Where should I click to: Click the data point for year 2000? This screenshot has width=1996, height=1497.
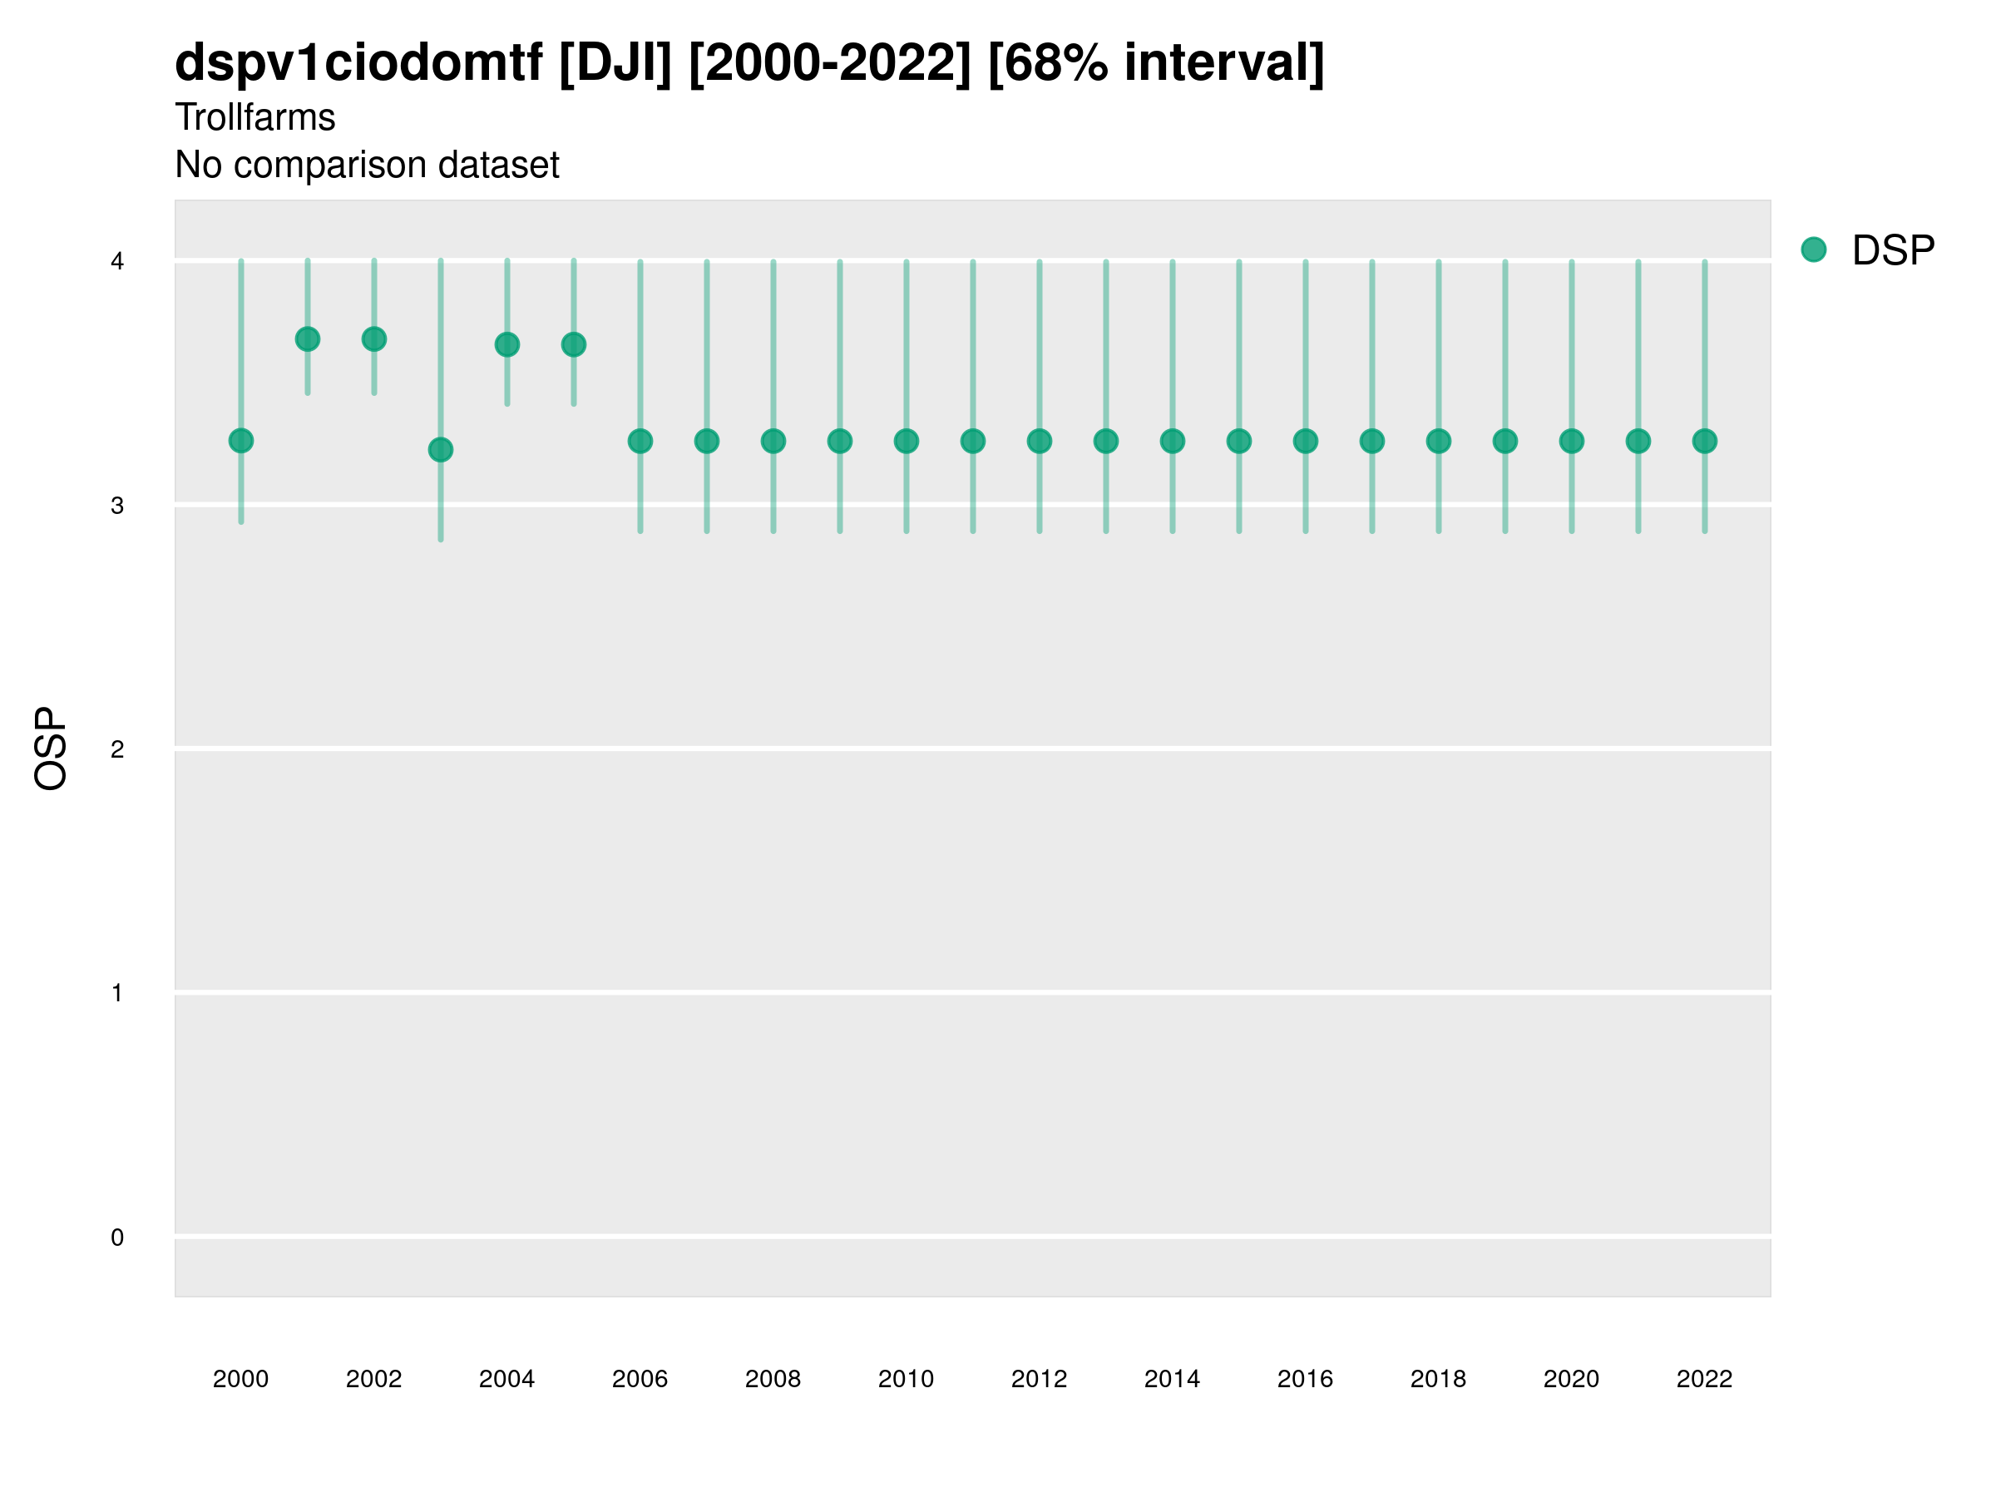pyautogui.click(x=241, y=440)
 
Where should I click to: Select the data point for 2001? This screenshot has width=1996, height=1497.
pyautogui.click(x=308, y=339)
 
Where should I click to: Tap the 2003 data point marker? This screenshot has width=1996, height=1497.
pyautogui.click(x=440, y=449)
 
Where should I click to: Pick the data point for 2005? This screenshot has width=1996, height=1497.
pyautogui.click(x=574, y=344)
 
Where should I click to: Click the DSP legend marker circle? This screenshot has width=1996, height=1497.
pyautogui.click(x=1814, y=250)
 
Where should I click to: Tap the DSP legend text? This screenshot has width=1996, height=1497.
pyautogui.click(x=1893, y=251)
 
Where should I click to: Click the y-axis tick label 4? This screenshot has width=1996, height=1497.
pyautogui.click(x=117, y=262)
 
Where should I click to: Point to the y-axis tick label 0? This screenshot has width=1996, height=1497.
pyautogui.click(x=117, y=1238)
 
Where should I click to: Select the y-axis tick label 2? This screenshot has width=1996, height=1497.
pyautogui.click(x=117, y=750)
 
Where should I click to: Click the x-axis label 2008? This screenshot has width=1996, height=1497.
pyautogui.click(x=773, y=1380)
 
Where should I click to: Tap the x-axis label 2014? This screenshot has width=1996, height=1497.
pyautogui.click(x=1172, y=1380)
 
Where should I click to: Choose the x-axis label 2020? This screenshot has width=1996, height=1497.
pyautogui.click(x=1571, y=1380)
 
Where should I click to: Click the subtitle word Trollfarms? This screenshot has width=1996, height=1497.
pyautogui.click(x=254, y=117)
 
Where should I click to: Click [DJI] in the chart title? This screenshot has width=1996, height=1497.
pyautogui.click(x=615, y=63)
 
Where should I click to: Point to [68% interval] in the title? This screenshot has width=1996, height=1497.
pyautogui.click(x=1156, y=63)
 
